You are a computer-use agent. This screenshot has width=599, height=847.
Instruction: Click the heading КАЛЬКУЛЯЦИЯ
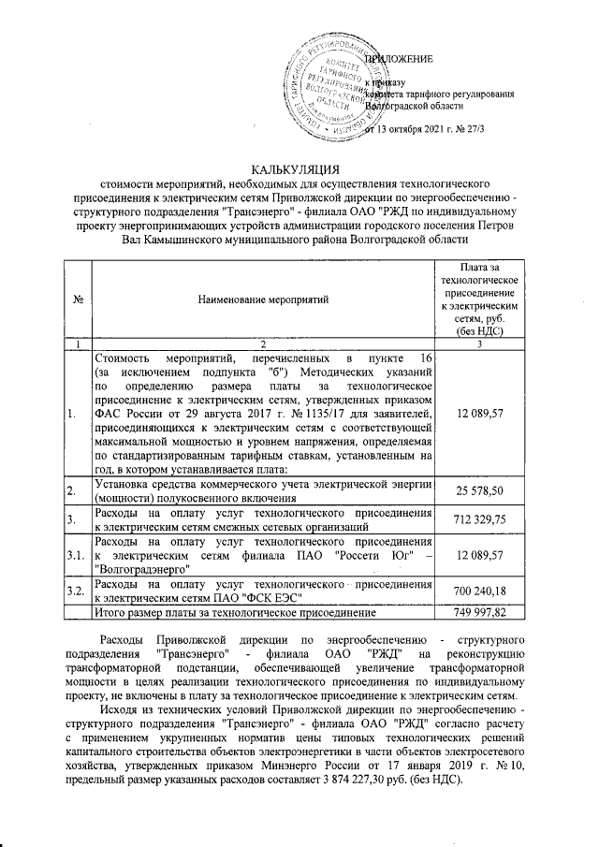pos(298,169)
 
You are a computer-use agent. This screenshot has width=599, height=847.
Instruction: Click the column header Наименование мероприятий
pos(262,299)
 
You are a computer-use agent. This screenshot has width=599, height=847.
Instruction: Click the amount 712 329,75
pos(479,519)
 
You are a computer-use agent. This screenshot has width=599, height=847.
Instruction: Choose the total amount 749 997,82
pos(479,613)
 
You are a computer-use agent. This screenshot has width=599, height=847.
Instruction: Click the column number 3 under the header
pos(479,344)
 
